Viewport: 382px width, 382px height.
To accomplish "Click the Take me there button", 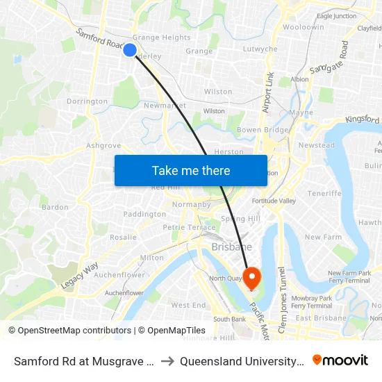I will pyautogui.click(x=191, y=170).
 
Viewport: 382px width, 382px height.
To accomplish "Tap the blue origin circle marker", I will pyautogui.click(x=130, y=49).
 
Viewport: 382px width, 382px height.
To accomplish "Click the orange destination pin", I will pyautogui.click(x=251, y=279).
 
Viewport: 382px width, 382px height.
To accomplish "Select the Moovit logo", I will pyautogui.click(x=340, y=360).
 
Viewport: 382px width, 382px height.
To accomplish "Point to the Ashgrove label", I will pyautogui.click(x=103, y=146).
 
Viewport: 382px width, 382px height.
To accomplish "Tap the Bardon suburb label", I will pyautogui.click(x=56, y=207).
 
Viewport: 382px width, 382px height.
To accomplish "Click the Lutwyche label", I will pyautogui.click(x=260, y=49).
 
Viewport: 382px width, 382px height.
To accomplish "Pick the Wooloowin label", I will pyautogui.click(x=303, y=27).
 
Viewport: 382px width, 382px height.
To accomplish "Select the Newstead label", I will pyautogui.click(x=316, y=146).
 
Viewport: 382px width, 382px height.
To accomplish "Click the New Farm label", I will pyautogui.click(x=323, y=237).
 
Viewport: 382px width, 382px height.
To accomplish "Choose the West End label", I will pyautogui.click(x=188, y=305).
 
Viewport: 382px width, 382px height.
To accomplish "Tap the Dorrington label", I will pyautogui.click(x=88, y=101).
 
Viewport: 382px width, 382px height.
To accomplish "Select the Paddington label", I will pyautogui.click(x=144, y=215).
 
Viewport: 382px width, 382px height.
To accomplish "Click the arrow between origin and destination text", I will pyautogui.click(x=167, y=361).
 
